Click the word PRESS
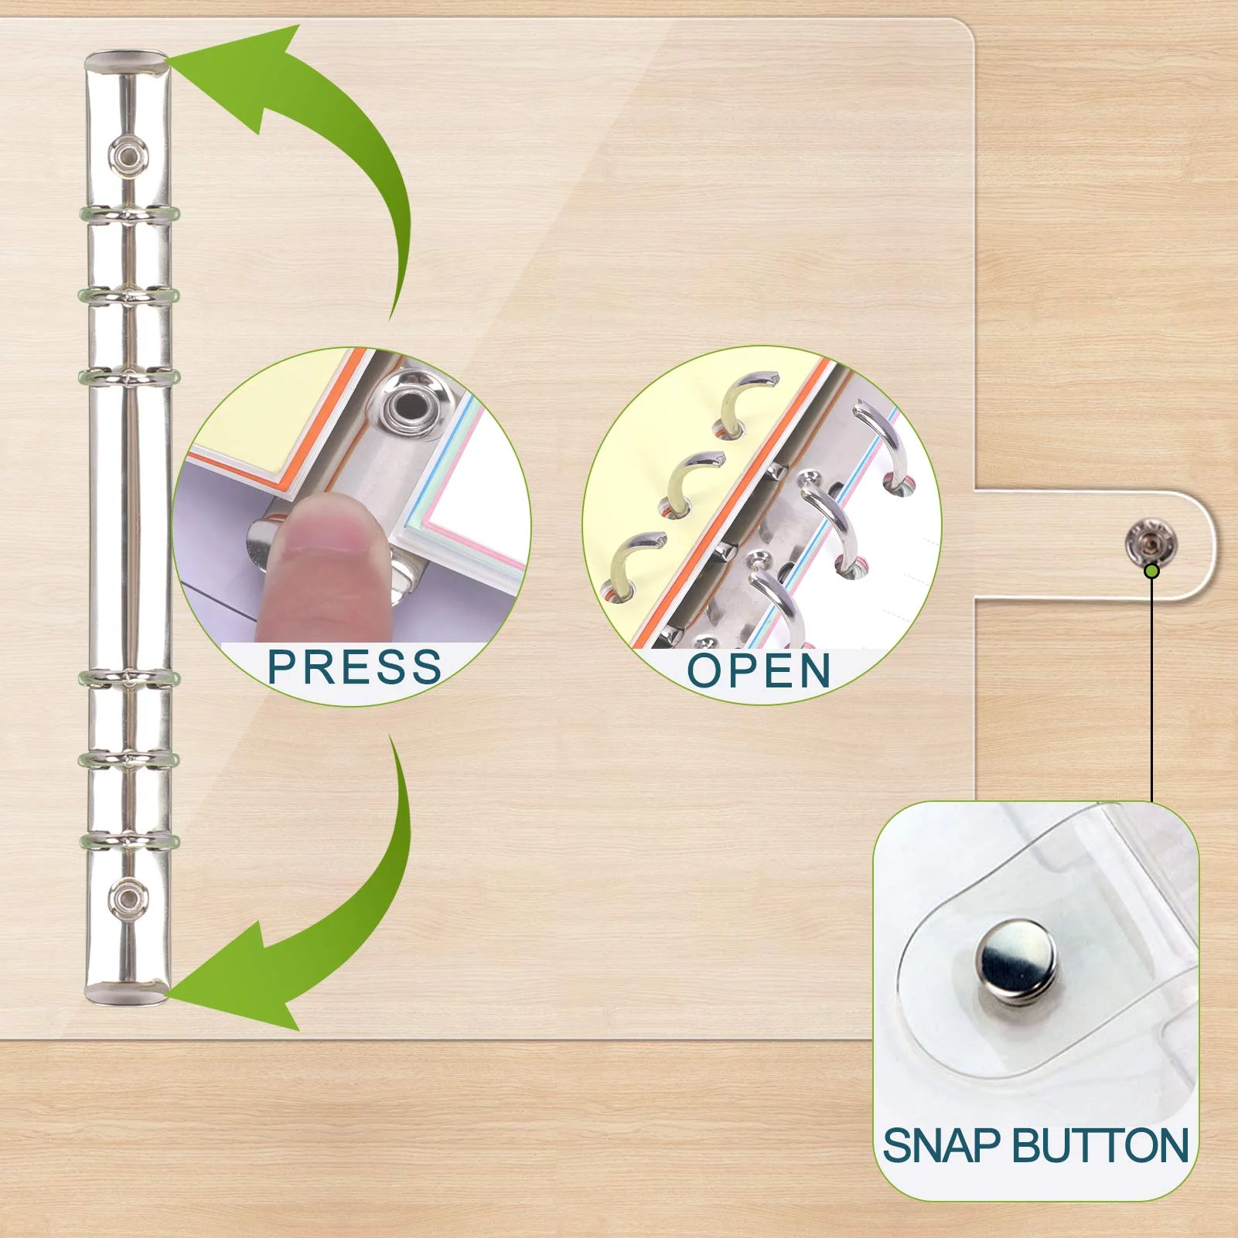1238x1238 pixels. point(354,667)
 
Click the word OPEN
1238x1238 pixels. point(759,670)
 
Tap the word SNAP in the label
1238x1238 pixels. point(943,1145)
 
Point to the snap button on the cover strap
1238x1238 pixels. point(1150,541)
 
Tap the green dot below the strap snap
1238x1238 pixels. point(1151,571)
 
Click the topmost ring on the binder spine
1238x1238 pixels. point(128,214)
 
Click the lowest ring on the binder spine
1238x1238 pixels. point(128,841)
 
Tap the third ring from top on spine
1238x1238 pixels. point(128,378)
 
